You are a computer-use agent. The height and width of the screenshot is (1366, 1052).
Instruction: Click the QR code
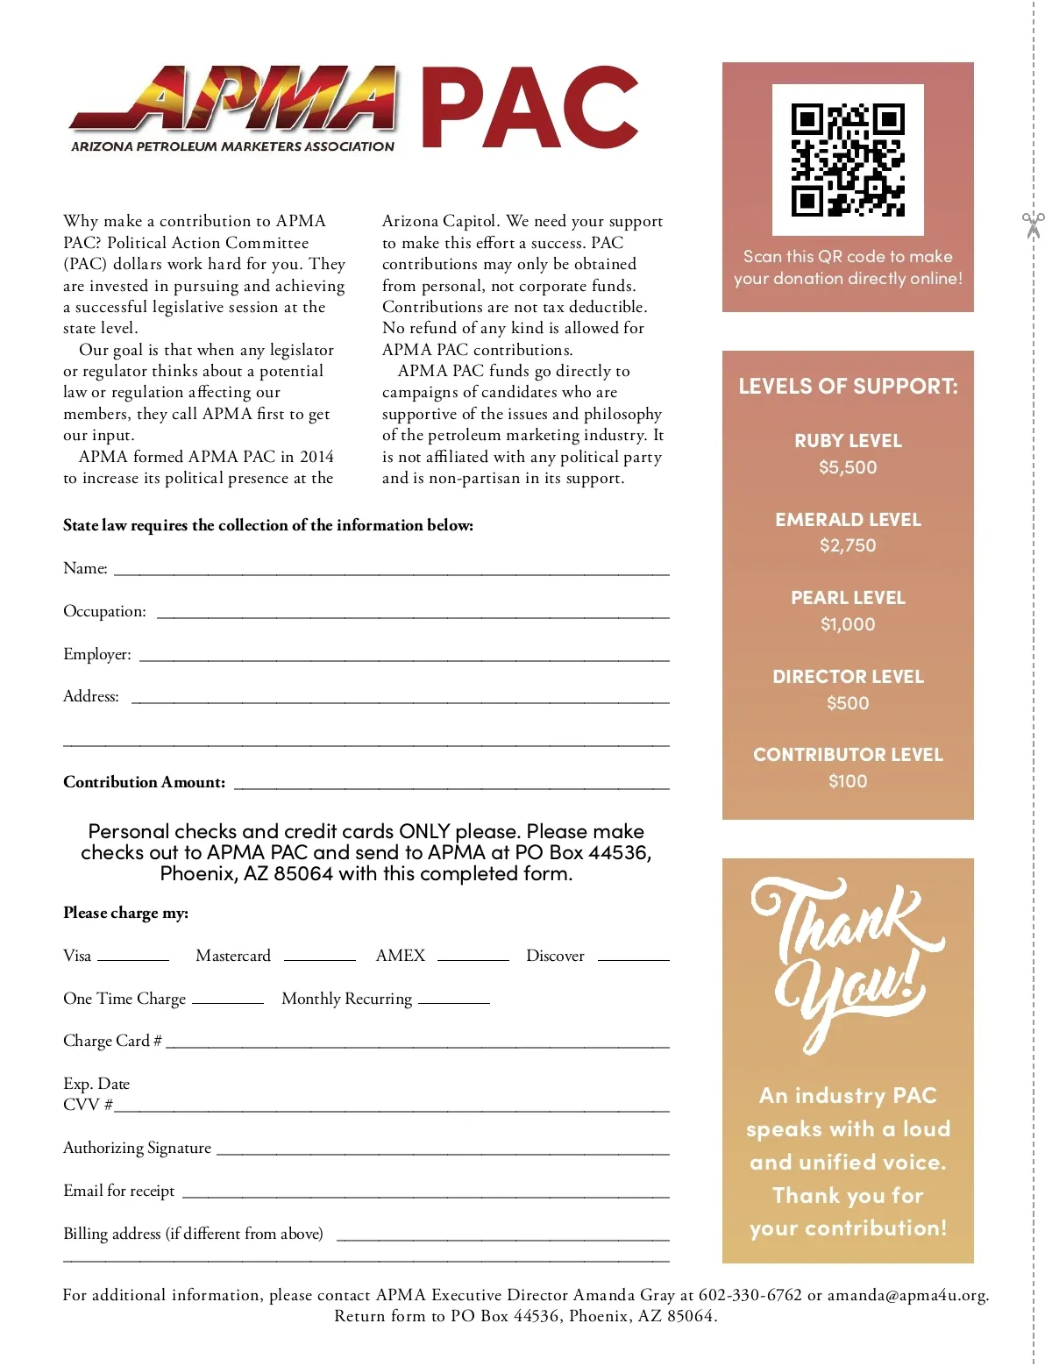tap(848, 160)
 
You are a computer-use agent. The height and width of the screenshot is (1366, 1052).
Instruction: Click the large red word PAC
tap(530, 108)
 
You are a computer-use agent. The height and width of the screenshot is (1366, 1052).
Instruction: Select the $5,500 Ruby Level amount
tap(848, 467)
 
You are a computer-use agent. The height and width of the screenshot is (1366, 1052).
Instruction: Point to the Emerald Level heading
tap(848, 520)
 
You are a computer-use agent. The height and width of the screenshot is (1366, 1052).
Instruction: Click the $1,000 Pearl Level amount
tap(848, 624)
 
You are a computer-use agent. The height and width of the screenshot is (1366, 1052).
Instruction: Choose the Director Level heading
tap(848, 677)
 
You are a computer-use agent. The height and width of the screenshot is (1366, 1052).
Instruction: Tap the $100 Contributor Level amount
tap(848, 781)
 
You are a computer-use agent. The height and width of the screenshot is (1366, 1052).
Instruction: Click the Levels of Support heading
tap(848, 387)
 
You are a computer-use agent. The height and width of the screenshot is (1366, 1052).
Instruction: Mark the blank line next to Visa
tap(133, 958)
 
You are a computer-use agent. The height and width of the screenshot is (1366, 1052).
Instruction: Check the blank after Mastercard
tap(320, 958)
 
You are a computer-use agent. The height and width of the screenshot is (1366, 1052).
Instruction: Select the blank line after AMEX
tap(473, 958)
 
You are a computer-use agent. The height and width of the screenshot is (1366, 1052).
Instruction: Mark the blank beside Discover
tap(633, 958)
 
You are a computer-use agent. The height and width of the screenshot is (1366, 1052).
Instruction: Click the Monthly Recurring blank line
tap(454, 1001)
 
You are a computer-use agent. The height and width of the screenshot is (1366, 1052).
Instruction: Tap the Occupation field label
tap(104, 611)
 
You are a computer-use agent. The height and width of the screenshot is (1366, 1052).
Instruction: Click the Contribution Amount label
tap(144, 782)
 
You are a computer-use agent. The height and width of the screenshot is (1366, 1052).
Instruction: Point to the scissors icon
tap(1033, 225)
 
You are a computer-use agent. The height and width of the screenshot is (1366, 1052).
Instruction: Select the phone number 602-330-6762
tap(750, 1295)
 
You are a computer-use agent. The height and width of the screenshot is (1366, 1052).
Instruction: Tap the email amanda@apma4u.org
tap(907, 1295)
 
